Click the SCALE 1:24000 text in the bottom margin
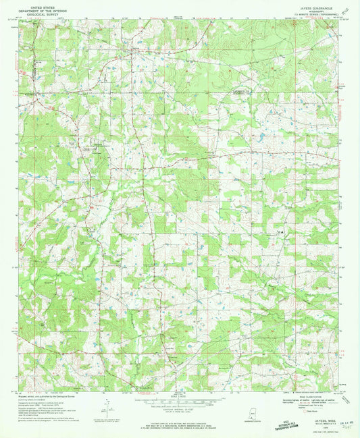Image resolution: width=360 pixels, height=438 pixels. point(179,396)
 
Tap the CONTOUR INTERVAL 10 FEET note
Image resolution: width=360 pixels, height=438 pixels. point(179,412)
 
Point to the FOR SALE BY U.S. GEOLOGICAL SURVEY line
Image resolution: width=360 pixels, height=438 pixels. point(179,425)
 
